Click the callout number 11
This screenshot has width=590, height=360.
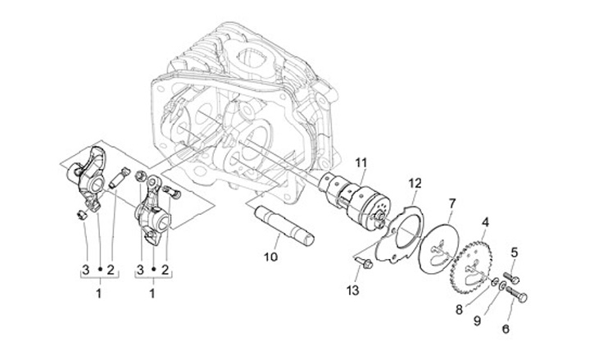click(361, 163)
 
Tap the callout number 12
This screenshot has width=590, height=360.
click(415, 184)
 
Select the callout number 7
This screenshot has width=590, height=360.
click(452, 203)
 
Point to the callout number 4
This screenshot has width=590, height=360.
click(486, 222)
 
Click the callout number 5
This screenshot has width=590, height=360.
click(515, 253)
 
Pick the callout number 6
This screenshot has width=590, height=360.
click(506, 329)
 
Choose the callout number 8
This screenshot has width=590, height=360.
click(459, 310)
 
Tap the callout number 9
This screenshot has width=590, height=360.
click(477, 321)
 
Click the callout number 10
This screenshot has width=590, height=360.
click(270, 257)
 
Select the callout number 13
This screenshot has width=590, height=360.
click(353, 290)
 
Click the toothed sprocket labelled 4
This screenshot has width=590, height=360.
click(473, 266)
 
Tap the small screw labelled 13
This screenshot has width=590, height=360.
click(364, 262)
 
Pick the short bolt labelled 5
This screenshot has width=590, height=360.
click(511, 277)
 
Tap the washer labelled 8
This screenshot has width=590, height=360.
click(496, 282)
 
